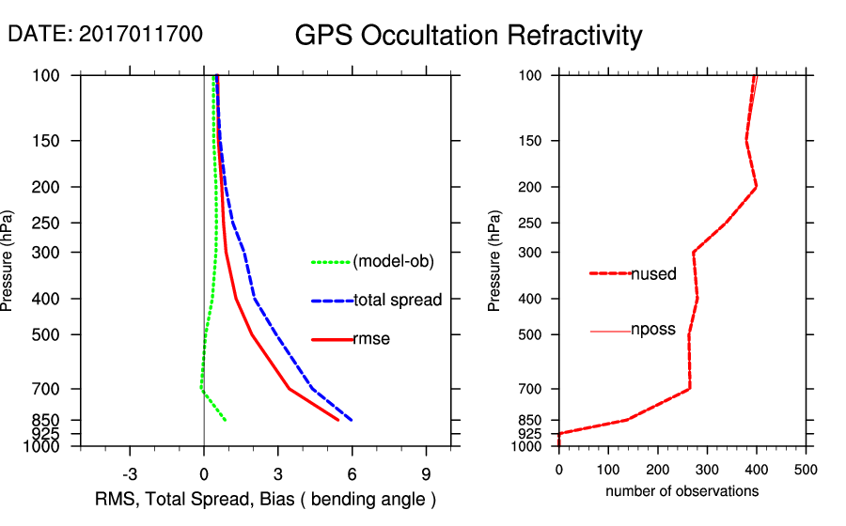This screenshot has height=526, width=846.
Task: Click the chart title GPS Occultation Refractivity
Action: tap(468, 36)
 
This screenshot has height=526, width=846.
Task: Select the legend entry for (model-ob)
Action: tap(393, 262)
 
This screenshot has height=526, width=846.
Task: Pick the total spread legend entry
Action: tap(398, 301)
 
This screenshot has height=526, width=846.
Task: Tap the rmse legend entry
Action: tap(370, 339)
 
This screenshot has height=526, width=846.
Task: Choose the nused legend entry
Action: tap(653, 274)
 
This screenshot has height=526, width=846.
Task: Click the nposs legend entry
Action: tap(652, 331)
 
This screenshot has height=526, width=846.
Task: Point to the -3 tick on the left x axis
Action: tap(130, 473)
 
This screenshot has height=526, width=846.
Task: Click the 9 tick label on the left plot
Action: tap(426, 473)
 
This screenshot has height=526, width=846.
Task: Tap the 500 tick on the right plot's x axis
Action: tap(805, 468)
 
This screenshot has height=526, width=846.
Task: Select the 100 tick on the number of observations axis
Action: tap(608, 468)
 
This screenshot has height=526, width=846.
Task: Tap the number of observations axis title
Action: tap(681, 490)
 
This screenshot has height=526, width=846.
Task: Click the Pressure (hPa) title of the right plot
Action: tap(495, 261)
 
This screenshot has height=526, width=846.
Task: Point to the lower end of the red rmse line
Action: tap(338, 420)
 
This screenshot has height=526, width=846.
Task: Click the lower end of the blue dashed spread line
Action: tap(352, 420)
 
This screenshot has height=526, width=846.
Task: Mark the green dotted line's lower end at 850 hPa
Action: tap(226, 420)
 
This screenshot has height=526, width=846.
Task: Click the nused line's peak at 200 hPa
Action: tap(756, 187)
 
